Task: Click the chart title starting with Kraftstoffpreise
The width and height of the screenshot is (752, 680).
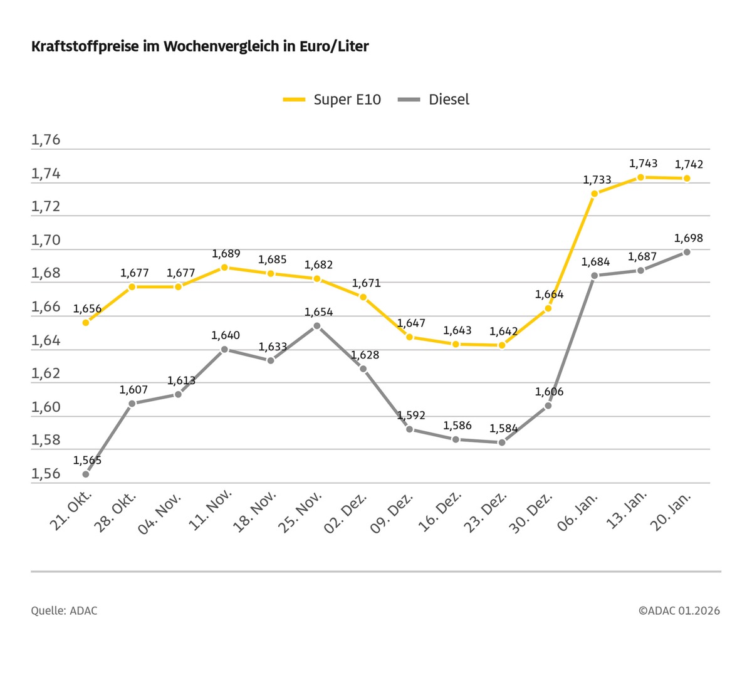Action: (x=200, y=46)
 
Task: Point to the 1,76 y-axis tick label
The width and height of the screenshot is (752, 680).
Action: (x=46, y=140)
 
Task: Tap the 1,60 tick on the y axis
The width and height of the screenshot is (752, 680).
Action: (x=46, y=407)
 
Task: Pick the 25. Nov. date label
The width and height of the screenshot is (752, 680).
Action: (x=301, y=512)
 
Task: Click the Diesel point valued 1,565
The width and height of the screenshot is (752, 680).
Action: (x=86, y=474)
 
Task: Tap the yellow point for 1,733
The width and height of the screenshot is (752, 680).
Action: (x=594, y=194)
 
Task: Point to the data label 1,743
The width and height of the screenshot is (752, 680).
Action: (x=643, y=164)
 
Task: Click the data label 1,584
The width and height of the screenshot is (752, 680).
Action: (x=504, y=429)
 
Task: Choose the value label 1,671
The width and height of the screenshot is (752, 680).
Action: (x=366, y=283)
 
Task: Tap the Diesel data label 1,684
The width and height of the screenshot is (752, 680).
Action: (x=595, y=262)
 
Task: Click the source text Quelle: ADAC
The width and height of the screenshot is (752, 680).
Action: (x=64, y=610)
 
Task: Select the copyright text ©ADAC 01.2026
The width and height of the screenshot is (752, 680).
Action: (x=679, y=610)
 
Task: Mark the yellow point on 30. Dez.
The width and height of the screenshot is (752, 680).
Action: (x=548, y=308)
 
